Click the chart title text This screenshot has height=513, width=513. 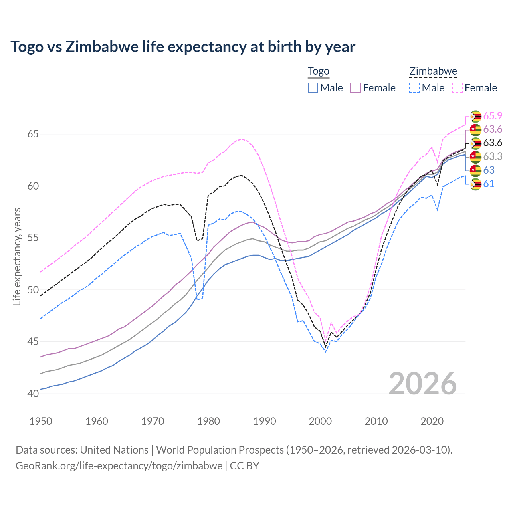point(183,47)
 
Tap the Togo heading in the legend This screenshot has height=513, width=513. point(318,71)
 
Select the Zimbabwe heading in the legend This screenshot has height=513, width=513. point(433,71)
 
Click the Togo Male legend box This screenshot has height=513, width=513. point(313,88)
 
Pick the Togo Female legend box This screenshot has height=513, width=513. point(355,88)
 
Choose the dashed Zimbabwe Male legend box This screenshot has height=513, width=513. point(414,88)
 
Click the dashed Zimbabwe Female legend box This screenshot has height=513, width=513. point(457,88)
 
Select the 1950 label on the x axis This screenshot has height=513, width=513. point(41,421)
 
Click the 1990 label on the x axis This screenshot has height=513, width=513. point(265,421)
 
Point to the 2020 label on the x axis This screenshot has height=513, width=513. point(432,421)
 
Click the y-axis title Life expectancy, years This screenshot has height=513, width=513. point(17,256)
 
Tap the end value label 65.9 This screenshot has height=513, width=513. point(493,116)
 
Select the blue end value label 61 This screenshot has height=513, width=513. point(489,184)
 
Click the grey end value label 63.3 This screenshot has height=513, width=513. point(493,156)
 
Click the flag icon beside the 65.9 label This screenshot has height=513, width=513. point(475,116)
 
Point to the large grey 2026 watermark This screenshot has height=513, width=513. point(423,384)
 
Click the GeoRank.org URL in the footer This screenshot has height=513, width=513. point(119,466)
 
